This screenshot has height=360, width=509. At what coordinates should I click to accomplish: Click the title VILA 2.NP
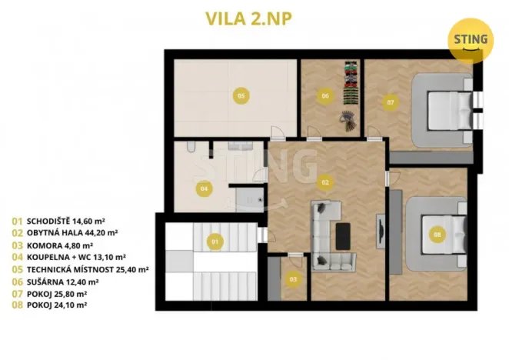tap(254, 18)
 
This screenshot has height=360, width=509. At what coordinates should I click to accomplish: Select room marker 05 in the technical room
tap(241, 95)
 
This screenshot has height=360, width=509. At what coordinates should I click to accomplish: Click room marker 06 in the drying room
tap(324, 96)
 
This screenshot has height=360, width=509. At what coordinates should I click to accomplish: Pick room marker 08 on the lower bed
tap(437, 234)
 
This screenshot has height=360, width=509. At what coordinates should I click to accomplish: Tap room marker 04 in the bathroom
tap(204, 187)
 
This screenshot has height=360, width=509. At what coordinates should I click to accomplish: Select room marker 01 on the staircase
tap(215, 242)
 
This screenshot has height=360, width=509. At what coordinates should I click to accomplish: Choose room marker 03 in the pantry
tap(292, 278)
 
